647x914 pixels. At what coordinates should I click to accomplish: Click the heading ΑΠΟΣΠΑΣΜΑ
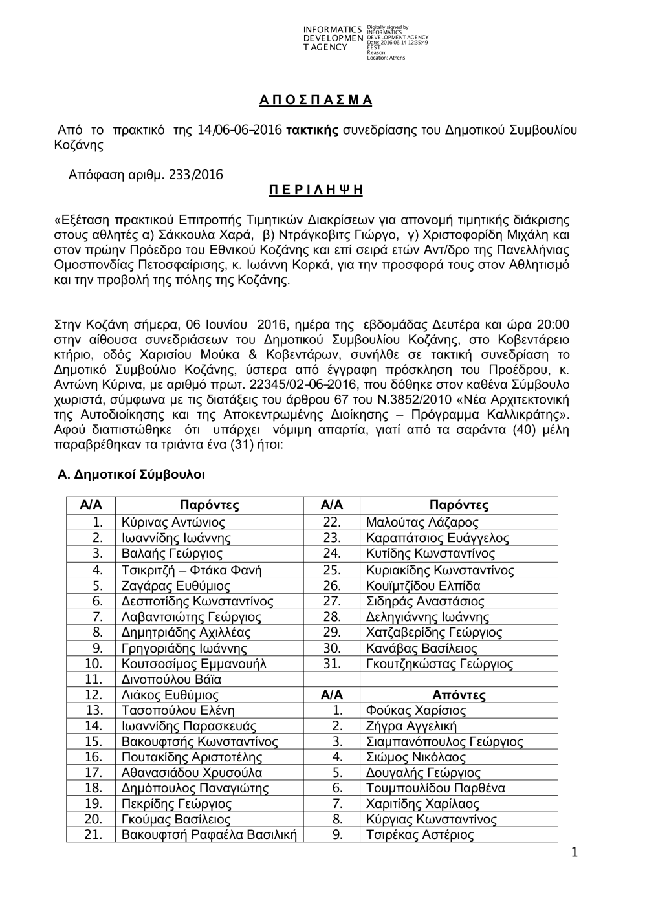(x=316, y=100)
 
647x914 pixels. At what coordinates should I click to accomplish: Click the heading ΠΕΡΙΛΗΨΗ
(x=316, y=190)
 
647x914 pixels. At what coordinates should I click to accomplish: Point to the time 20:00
(x=553, y=324)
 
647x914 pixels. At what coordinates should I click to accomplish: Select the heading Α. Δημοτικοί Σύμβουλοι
(x=131, y=475)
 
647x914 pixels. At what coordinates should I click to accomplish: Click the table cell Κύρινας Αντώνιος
(x=173, y=522)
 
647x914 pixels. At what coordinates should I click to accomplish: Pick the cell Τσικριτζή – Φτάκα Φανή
(x=192, y=570)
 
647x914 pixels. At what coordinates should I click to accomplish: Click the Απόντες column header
(x=459, y=695)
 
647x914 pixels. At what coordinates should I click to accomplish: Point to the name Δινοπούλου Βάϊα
(x=171, y=679)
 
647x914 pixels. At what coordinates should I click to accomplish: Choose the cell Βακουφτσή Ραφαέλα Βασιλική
(x=208, y=835)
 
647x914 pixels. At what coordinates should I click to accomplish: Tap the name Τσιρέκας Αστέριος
(x=419, y=835)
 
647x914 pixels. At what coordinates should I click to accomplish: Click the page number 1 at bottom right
(x=573, y=853)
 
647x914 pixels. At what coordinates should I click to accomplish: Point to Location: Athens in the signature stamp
(x=386, y=58)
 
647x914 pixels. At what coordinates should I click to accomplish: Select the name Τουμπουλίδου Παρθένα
(x=435, y=788)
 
